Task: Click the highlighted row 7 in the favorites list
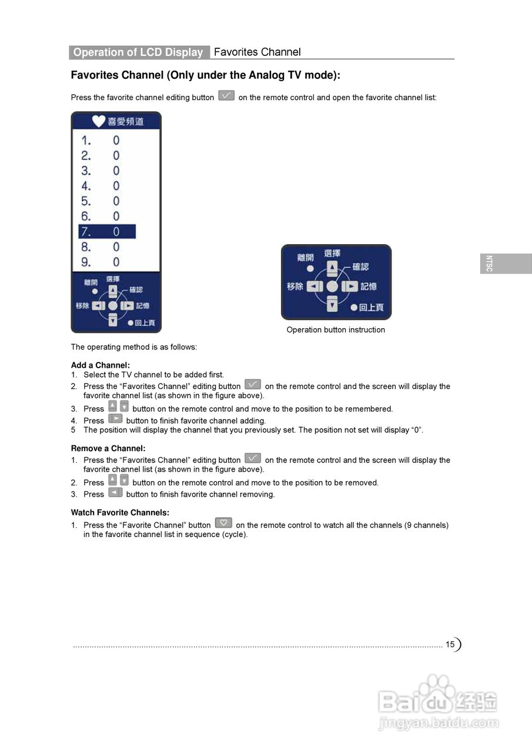107,232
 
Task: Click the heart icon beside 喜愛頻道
99,121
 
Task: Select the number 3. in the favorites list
86,171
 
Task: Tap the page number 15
450,644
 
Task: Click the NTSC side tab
489,264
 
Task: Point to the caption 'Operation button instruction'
336,330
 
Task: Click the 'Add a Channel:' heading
101,365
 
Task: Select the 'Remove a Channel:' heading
108,448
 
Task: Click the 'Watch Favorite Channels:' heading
120,513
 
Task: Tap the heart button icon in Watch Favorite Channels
223,522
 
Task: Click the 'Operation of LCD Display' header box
139,52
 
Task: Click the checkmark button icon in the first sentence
226,95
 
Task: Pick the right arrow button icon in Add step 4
115,419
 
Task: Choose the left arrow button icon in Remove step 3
115,492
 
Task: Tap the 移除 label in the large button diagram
295,286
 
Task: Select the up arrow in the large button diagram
333,269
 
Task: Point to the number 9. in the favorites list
86,262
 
